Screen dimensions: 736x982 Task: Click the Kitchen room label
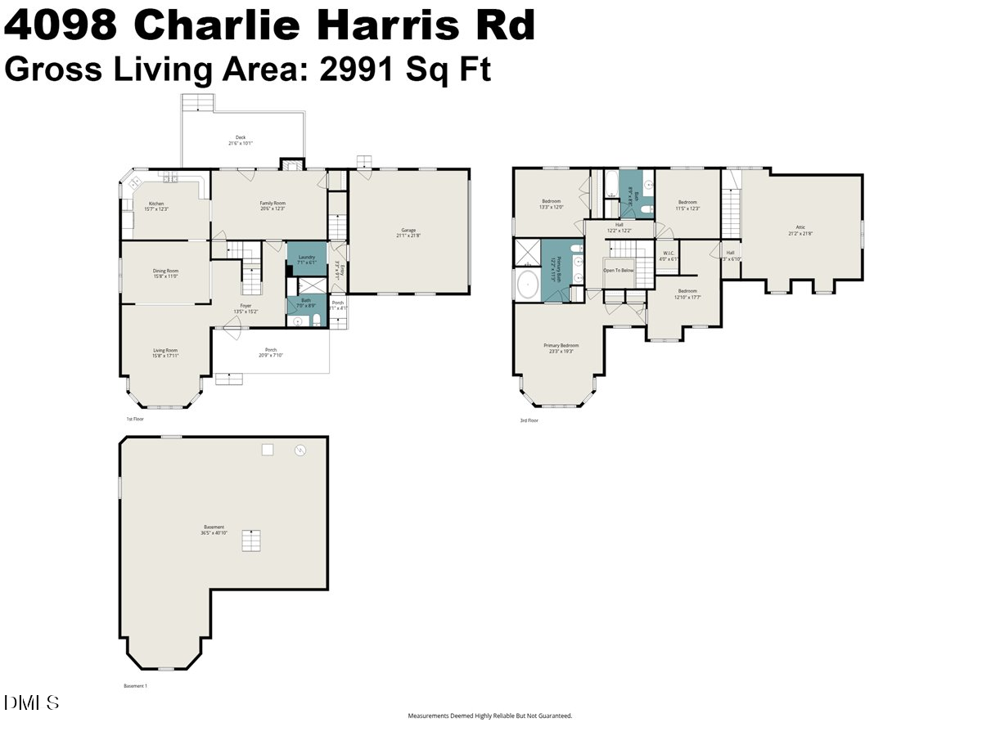pos(155,204)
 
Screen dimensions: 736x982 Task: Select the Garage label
pos(408,231)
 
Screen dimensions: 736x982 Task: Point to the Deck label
pos(241,137)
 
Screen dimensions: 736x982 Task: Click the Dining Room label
pos(165,271)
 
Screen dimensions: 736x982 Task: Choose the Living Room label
pos(165,350)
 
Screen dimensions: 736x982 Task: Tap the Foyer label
pos(245,306)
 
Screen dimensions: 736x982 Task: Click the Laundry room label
pos(307,258)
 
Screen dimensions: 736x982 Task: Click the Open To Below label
pos(619,270)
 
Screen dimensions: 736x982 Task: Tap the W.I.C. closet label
pos(669,253)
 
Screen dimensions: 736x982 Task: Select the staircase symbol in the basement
pos(250,541)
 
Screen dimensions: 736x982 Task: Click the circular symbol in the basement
pos(300,450)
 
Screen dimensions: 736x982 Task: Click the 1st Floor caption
pos(135,420)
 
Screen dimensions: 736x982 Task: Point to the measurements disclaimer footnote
pos(490,716)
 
